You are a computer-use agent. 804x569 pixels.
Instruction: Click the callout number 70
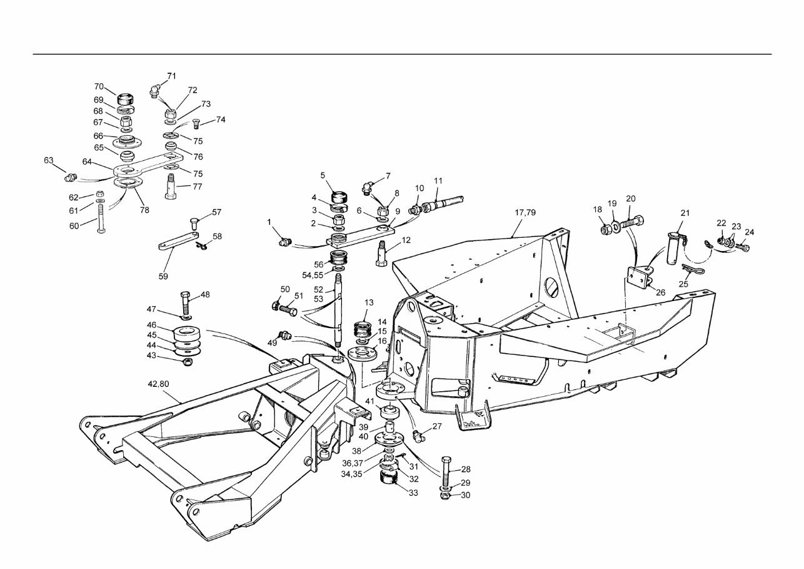click(99, 86)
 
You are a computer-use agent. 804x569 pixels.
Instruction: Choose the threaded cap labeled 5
click(341, 196)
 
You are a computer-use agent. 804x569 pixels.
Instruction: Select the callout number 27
click(437, 426)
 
